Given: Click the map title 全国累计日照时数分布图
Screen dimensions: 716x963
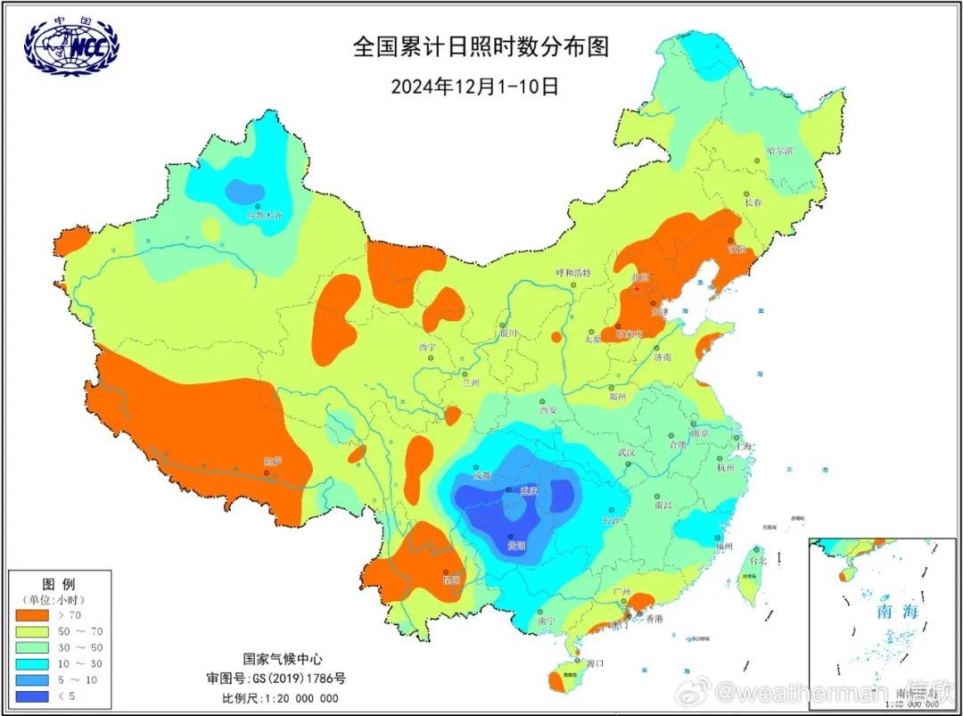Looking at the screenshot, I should [481, 46].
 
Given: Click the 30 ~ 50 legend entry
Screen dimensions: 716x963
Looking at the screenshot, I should [53, 647].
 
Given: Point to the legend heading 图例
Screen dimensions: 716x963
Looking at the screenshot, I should [58, 584].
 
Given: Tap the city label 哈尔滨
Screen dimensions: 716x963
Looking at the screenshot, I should [779, 151].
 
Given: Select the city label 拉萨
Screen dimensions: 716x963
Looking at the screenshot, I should [272, 461].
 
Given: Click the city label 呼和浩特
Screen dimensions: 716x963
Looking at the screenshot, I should [573, 272].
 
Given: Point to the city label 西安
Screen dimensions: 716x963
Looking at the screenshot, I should [547, 410].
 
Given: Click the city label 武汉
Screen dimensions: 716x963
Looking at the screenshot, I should [626, 453].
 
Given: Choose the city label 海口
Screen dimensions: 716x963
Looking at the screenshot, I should [596, 663].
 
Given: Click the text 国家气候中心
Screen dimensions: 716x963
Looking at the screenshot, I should [280, 659].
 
